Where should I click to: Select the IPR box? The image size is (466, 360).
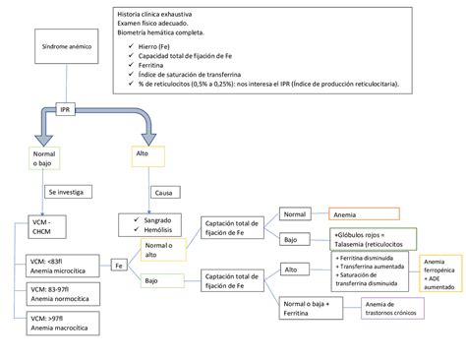66,110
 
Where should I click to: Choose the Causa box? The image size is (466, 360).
163,194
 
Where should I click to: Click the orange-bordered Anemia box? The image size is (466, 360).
364,213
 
